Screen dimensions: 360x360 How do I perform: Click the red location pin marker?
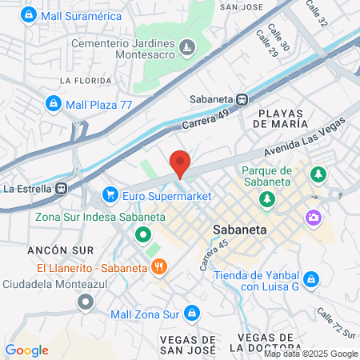pos(181,163)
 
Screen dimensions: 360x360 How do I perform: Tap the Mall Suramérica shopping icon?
pos(29,15)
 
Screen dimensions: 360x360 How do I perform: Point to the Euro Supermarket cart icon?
pos(110,194)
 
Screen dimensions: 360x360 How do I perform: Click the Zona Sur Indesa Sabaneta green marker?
pos(142,235)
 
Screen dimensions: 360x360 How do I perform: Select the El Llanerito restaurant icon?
pos(159,266)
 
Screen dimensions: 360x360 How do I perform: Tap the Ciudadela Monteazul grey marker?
pos(85,302)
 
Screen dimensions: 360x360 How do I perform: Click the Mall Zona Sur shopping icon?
pos(191,313)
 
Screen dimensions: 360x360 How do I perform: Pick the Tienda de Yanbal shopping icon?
pos(313,279)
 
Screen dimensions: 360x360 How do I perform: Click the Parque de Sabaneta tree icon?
pos(318,174)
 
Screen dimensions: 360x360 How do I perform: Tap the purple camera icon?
pos(313,217)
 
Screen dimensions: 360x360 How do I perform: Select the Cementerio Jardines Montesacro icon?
pos(186,49)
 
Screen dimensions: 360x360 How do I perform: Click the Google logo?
pos(26,350)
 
